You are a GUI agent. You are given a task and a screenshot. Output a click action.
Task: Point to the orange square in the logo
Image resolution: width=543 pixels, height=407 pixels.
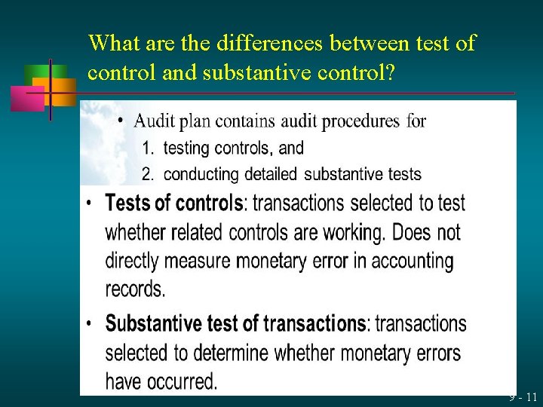point(63,90)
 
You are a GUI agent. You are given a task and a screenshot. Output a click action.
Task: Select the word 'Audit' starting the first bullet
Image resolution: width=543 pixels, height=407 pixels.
point(157,121)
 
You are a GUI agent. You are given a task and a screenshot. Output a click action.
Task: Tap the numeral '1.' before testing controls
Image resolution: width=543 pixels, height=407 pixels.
point(149,148)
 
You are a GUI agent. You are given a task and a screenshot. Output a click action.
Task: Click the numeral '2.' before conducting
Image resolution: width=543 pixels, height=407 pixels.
point(149,175)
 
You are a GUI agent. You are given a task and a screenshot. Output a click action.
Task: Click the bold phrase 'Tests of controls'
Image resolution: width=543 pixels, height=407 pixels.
point(174,203)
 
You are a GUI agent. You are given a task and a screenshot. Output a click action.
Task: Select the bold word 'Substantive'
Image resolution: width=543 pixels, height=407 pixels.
point(155,324)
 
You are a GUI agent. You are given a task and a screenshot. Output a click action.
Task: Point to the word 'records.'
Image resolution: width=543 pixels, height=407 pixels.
point(136,289)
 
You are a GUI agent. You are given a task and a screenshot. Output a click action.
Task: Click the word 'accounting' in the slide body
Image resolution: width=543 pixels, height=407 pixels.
point(411,261)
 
